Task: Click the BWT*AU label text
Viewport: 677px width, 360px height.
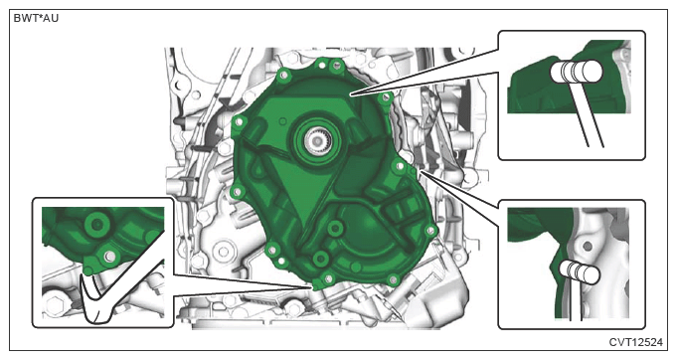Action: pyautogui.click(x=36, y=19)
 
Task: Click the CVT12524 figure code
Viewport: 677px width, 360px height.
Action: pyautogui.click(x=635, y=342)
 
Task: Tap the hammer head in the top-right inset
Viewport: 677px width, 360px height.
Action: pyautogui.click(x=577, y=72)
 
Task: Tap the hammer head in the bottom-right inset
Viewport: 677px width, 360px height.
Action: pyautogui.click(x=580, y=271)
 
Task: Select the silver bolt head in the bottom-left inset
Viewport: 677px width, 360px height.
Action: pyautogui.click(x=109, y=257)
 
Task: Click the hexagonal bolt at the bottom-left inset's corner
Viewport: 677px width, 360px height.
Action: pyautogui.click(x=55, y=305)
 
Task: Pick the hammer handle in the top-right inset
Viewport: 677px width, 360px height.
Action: pyautogui.click(x=586, y=114)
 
